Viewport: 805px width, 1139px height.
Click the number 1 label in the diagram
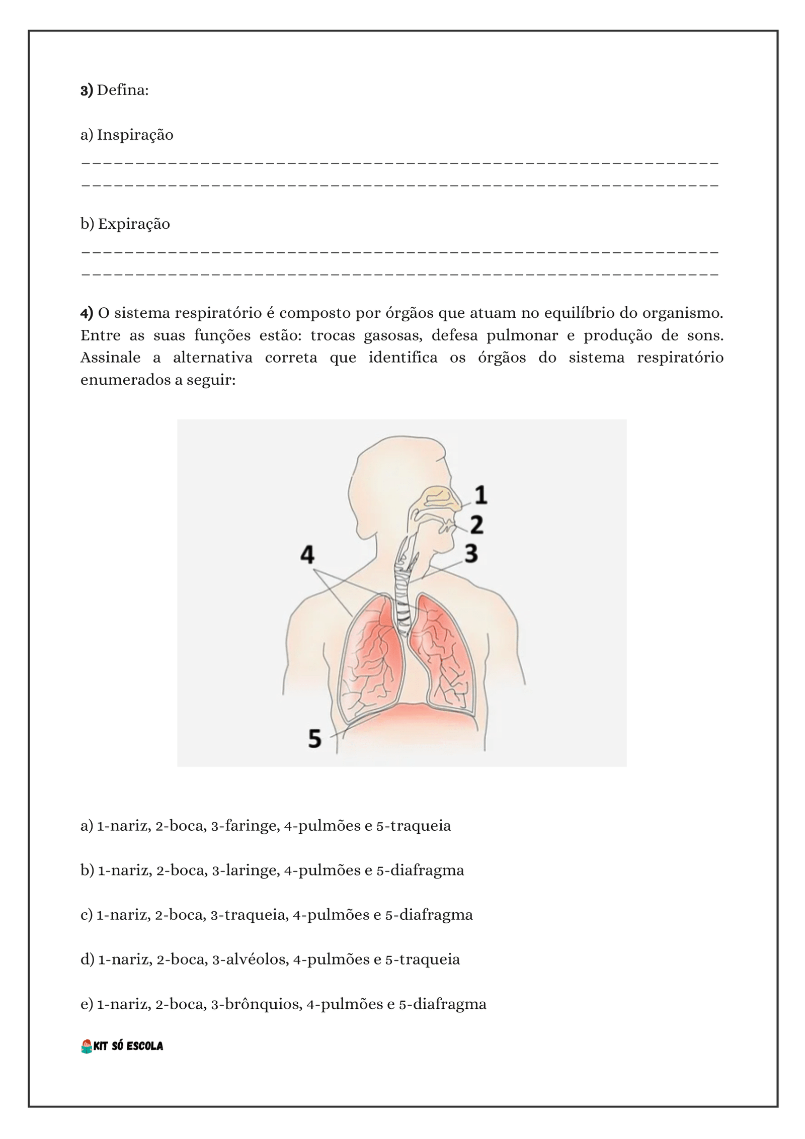(x=481, y=495)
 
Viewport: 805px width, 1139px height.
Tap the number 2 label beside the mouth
(x=476, y=525)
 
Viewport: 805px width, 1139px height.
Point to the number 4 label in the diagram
(x=307, y=555)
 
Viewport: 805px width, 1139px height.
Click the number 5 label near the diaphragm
(x=314, y=739)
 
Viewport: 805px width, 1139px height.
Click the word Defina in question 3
(x=122, y=91)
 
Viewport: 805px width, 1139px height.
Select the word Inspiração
(x=135, y=135)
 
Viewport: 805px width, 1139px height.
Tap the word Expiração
(x=134, y=224)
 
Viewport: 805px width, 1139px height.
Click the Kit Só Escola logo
(x=122, y=1046)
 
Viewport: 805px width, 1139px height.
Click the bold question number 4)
(x=87, y=313)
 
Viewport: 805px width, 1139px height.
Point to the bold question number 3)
(x=87, y=91)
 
